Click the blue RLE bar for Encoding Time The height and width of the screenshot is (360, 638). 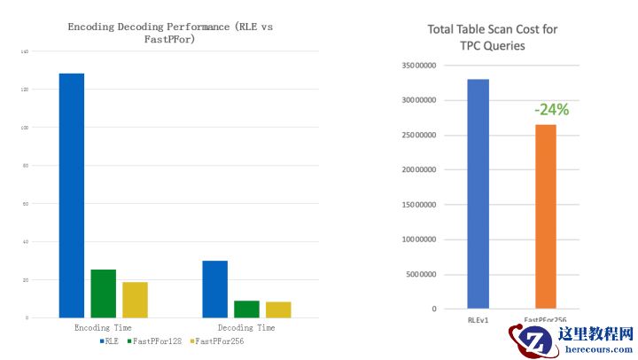pos(71,195)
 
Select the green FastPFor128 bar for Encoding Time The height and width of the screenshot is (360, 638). pos(103,293)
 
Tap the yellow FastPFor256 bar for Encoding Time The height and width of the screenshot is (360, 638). pos(135,299)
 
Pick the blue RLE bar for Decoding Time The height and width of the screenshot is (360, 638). pos(214,288)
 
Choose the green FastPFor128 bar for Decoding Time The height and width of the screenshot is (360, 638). pos(246,309)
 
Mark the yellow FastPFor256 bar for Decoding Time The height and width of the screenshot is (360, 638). pos(278,309)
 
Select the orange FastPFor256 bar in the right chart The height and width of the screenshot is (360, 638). pos(545,216)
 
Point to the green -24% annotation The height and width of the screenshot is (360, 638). pos(550,110)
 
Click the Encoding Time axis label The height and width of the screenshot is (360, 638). pos(103,328)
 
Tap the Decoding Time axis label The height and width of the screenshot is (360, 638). pos(246,328)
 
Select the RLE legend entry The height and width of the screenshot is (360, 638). pos(111,340)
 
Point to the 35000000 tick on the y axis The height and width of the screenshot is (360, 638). pos(419,66)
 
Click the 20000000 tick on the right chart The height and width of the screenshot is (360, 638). pos(419,169)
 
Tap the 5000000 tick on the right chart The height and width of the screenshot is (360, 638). pos(422,274)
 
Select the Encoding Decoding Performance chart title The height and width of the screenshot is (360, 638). pos(170,33)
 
